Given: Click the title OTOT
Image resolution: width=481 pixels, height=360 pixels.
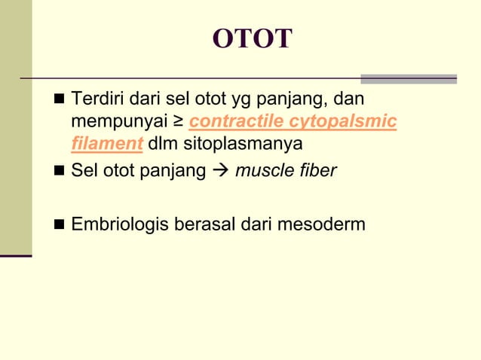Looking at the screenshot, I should coord(252,39).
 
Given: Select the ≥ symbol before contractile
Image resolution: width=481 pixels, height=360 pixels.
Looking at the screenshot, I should coord(179,121).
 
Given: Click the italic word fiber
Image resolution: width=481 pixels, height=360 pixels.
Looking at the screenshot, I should coord(317,171).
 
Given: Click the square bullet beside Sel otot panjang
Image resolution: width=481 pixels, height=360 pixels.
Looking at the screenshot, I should coord(60,172).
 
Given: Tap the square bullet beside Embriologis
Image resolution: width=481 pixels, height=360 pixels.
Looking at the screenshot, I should coord(60,224).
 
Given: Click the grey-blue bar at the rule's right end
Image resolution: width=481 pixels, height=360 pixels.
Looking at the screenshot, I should coord(408,78).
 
